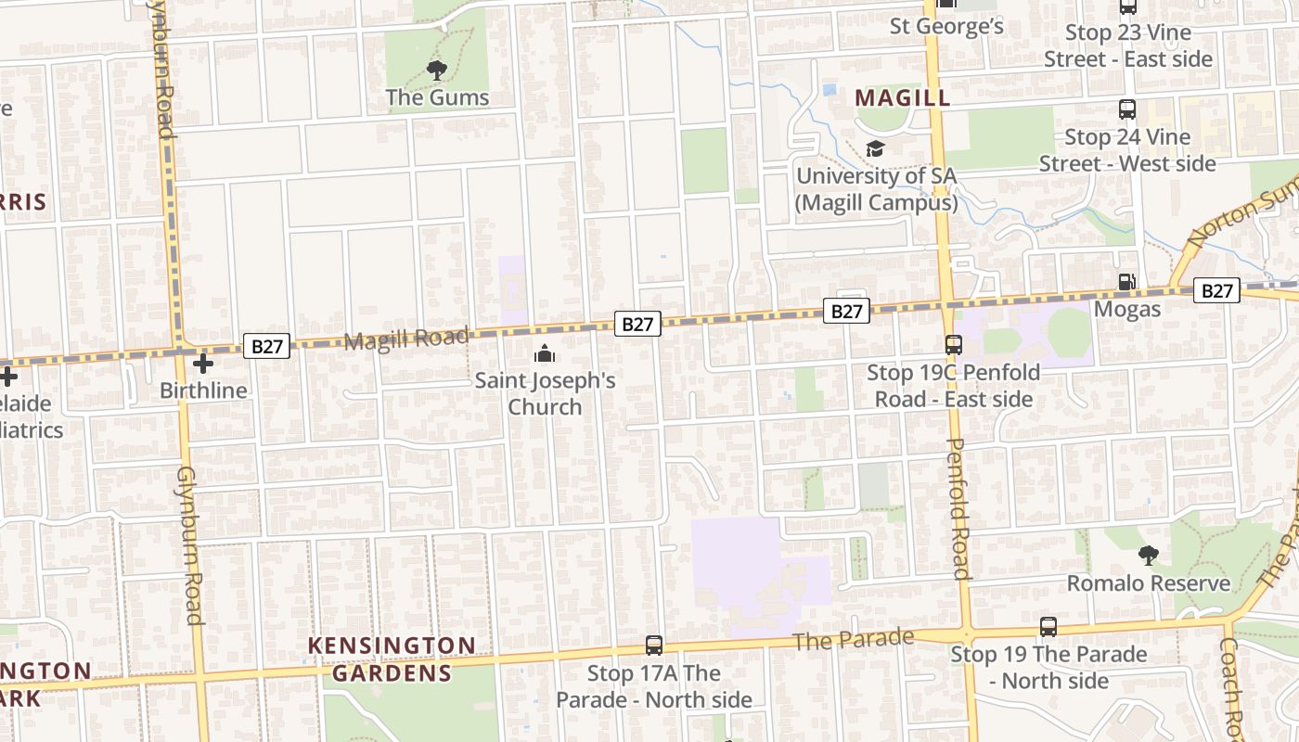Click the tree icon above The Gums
436,70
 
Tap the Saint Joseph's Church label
546,393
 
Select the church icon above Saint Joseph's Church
545,353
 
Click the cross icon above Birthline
202,363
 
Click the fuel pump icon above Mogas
1126,282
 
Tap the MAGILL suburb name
902,97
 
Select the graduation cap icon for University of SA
875,148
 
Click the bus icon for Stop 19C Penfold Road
953,345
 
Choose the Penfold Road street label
958,508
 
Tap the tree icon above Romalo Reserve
1149,556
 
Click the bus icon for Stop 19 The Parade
1048,627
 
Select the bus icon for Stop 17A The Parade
654,646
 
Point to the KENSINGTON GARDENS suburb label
392,659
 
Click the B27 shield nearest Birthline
266,346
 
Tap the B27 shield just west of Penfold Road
846,311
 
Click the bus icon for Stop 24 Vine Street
1127,109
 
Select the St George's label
946,26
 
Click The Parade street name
854,640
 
